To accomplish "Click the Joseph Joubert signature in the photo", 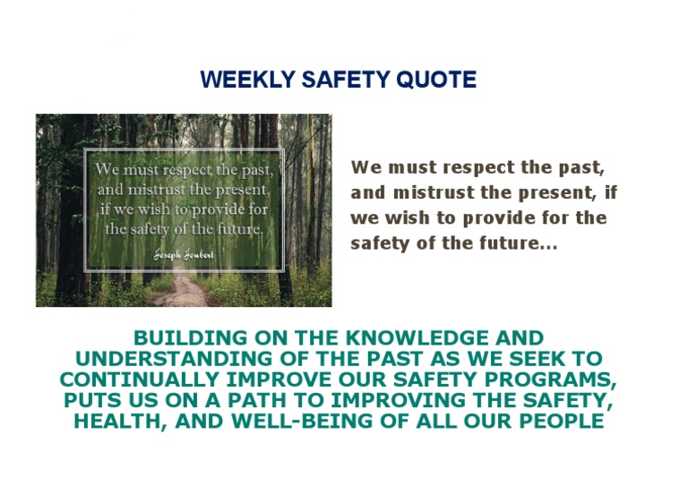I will click(183, 253).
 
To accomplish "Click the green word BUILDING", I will click(190, 338).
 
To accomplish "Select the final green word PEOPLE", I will click(558, 421).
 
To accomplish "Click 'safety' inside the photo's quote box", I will click(134, 228).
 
